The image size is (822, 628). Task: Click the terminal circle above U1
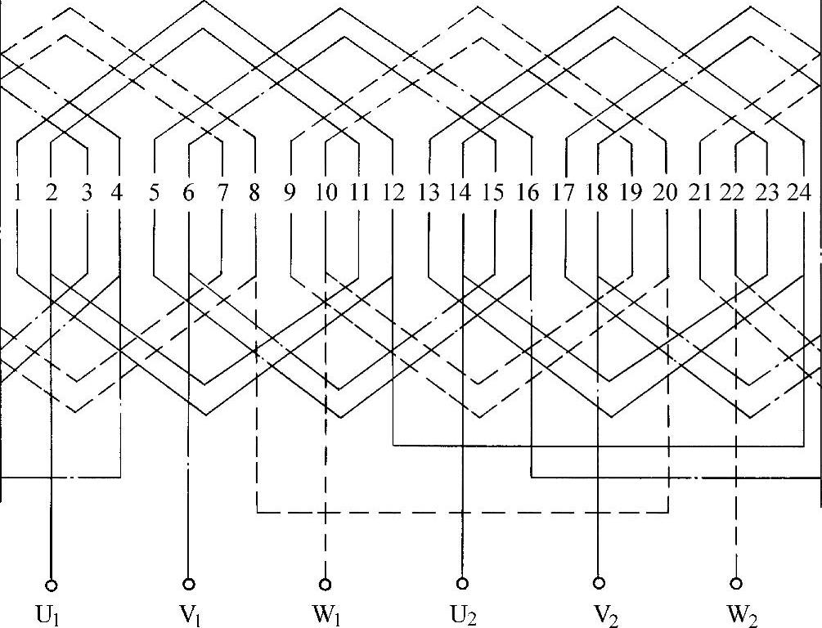coord(52,584)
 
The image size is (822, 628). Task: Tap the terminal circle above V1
coord(189,584)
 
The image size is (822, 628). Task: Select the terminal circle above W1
coord(326,584)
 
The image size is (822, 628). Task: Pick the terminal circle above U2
coord(462,584)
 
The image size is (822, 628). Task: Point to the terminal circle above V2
coord(600,584)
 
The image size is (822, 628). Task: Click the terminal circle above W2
coord(737,584)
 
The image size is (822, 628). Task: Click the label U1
coord(53,611)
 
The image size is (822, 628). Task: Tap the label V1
coord(191,611)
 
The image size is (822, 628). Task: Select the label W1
coord(327,611)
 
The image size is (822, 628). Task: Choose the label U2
coord(464,611)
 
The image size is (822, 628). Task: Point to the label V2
coord(601,611)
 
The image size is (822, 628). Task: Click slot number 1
coord(17,194)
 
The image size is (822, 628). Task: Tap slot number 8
coord(255,194)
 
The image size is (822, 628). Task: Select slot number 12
coord(393,194)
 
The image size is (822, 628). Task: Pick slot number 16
coord(529,194)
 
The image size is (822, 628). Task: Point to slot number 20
coord(666,194)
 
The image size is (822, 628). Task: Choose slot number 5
coord(154,194)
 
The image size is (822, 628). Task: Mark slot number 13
coord(428,194)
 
